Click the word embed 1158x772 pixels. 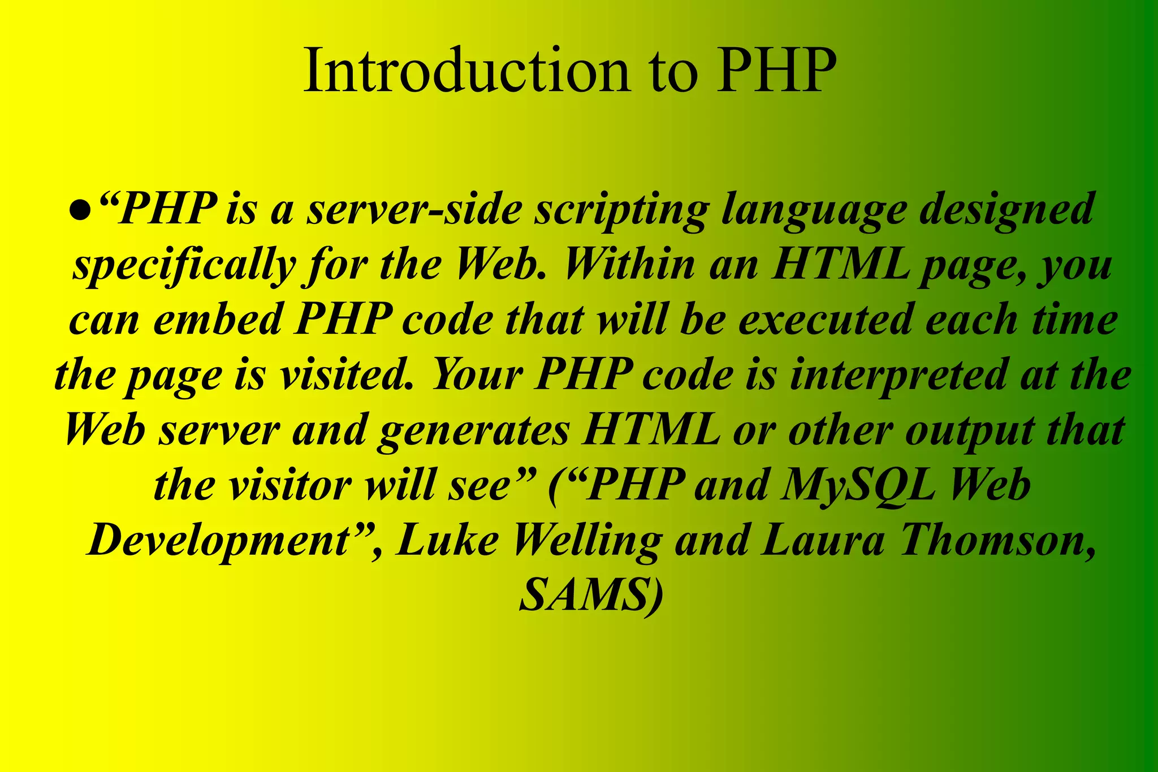click(x=217, y=320)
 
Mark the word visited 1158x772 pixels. click(x=351, y=375)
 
